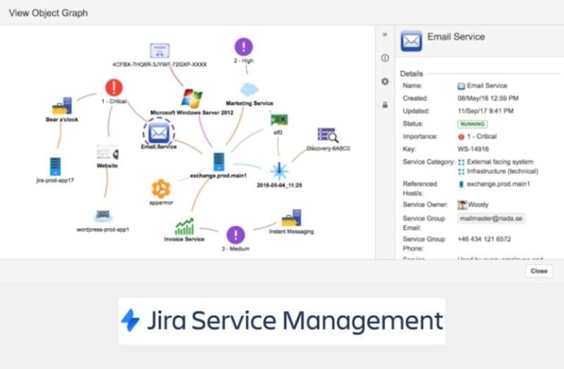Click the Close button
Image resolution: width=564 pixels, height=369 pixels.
tap(538, 271)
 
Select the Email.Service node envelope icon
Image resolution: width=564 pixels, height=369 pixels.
tap(158, 133)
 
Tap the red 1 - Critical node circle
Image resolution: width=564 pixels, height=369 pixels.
tap(114, 88)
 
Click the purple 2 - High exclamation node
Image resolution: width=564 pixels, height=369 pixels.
tap(243, 48)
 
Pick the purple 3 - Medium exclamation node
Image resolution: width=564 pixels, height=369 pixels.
tap(235, 235)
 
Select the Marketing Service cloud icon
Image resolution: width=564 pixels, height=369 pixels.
tap(249, 89)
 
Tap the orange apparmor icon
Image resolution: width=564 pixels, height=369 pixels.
tap(161, 189)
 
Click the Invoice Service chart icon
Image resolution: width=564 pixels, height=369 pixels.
tap(184, 226)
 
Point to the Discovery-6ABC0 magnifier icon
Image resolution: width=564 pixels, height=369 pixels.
tap(327, 135)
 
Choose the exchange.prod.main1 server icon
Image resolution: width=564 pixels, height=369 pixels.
tap(218, 161)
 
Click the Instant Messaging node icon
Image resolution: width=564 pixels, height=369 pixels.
tap(291, 218)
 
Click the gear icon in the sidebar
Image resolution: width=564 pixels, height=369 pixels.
tap(385, 81)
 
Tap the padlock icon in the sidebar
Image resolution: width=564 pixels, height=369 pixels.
tap(385, 105)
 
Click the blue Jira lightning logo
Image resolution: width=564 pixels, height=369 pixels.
tap(131, 320)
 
